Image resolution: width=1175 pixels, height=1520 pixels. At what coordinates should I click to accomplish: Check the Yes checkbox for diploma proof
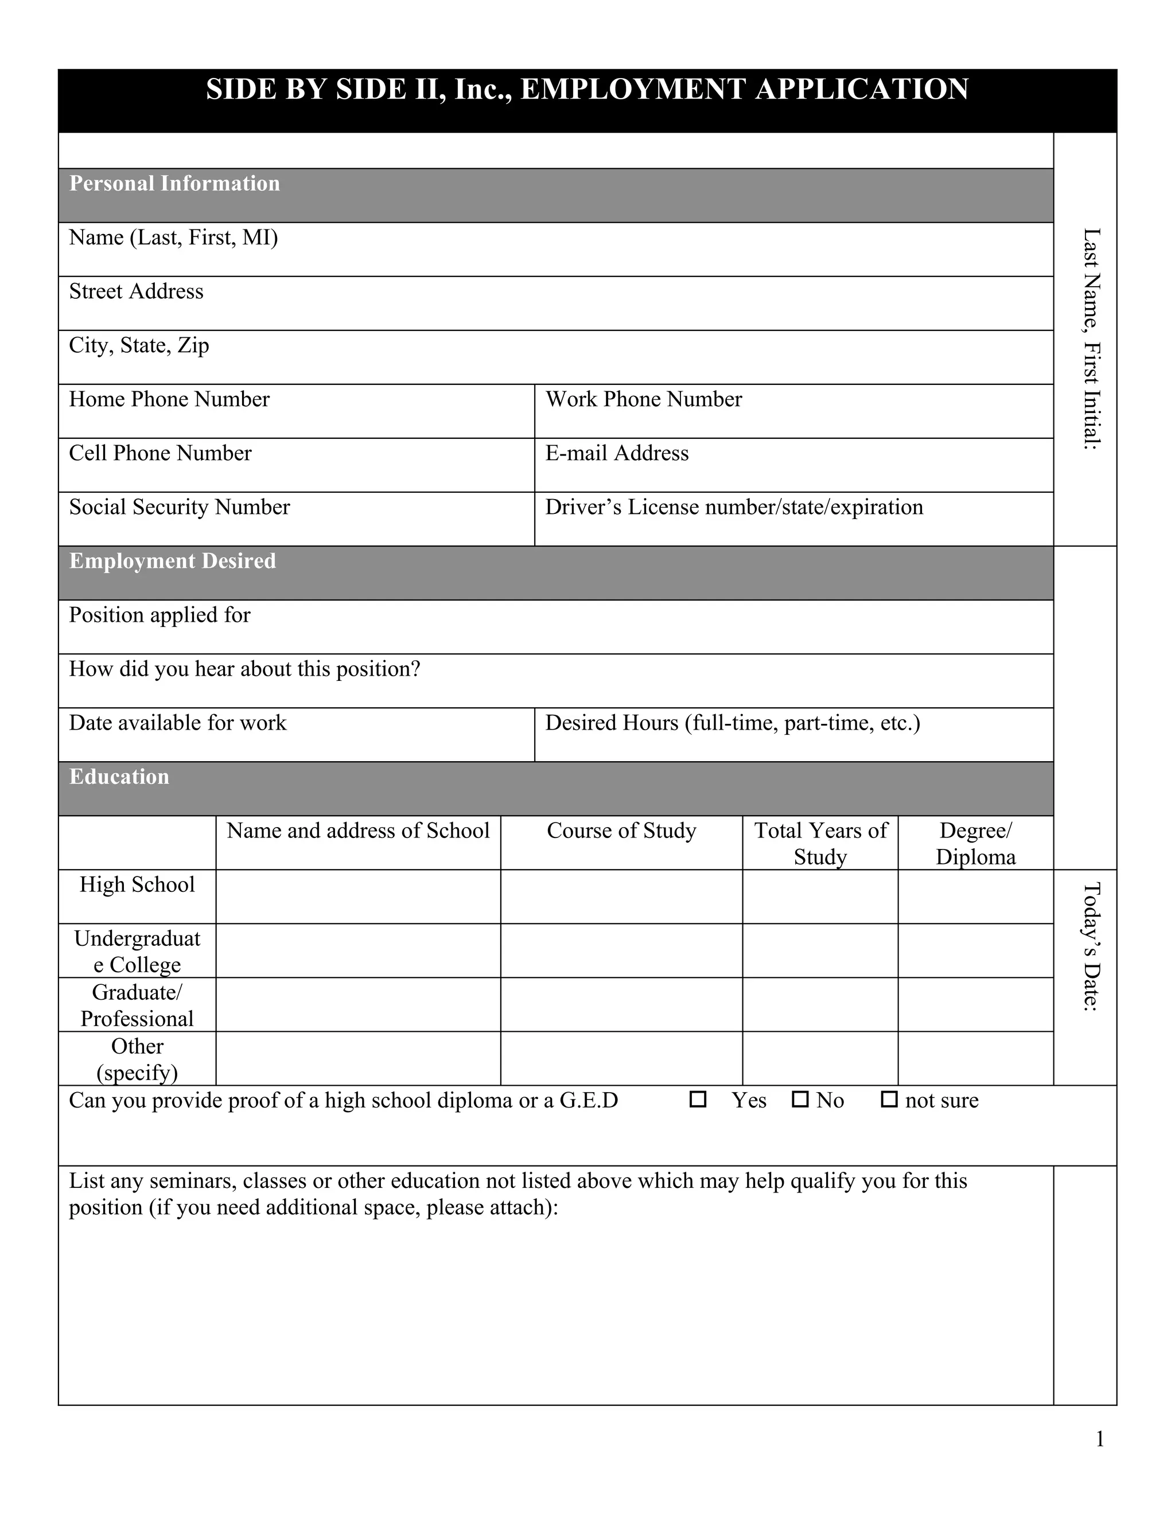[698, 1100]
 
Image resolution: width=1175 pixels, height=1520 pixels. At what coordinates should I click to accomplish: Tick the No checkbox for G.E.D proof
[800, 1100]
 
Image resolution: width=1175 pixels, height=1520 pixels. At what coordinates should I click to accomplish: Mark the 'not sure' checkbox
[889, 1100]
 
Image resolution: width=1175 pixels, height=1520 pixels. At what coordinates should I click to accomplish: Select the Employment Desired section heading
[172, 561]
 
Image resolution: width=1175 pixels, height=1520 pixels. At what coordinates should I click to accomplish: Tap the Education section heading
[119, 777]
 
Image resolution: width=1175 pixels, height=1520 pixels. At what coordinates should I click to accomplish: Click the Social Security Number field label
[179, 508]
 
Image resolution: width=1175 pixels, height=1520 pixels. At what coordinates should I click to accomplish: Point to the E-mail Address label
[617, 453]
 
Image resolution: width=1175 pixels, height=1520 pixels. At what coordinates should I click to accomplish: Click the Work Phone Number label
[643, 399]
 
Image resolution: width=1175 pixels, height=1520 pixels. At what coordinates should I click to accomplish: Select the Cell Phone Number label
[160, 453]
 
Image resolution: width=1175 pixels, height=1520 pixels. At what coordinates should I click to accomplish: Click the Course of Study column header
[621, 831]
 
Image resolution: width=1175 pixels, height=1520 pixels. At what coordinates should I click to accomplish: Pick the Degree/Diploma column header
[975, 844]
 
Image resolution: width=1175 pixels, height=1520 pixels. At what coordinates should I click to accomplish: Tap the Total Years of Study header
[820, 844]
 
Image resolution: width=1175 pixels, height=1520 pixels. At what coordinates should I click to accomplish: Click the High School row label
[137, 884]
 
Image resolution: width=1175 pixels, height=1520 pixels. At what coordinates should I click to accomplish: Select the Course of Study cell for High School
[621, 897]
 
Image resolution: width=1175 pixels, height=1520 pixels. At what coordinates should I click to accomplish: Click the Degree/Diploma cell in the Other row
[975, 1058]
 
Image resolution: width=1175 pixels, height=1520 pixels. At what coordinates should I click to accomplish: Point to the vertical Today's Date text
[1091, 946]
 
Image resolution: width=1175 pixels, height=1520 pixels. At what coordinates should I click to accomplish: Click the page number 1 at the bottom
[1100, 1439]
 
